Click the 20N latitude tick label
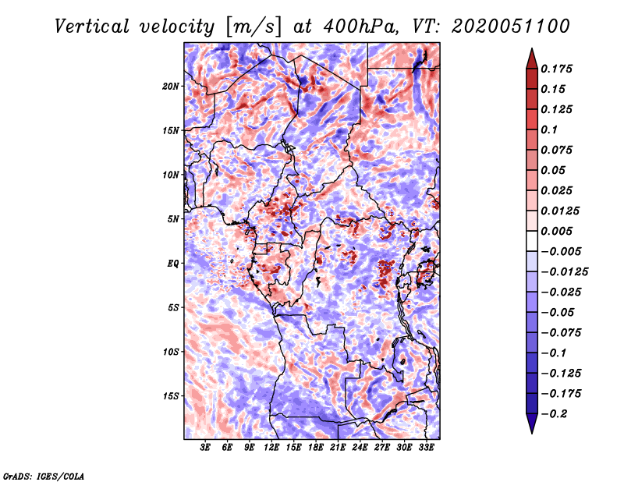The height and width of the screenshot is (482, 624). [x=171, y=87]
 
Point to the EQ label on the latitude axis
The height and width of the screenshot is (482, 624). [x=173, y=264]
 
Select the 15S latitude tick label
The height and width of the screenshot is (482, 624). [x=171, y=396]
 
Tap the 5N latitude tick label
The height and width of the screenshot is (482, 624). [x=173, y=219]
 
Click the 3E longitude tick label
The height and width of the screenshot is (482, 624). [x=205, y=448]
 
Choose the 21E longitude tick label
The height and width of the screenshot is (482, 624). [x=338, y=448]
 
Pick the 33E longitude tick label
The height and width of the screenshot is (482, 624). [x=426, y=448]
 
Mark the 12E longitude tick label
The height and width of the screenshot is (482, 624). [x=271, y=448]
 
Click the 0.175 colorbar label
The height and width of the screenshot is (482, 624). [x=556, y=69]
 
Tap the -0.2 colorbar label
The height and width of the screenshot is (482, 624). [x=554, y=414]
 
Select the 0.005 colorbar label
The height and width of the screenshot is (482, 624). [x=556, y=231]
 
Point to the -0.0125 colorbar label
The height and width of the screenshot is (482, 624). [x=564, y=272]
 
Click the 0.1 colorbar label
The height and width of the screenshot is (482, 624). [x=549, y=129]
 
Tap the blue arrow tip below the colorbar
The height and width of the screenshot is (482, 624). [x=532, y=433]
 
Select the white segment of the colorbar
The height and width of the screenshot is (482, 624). [x=532, y=241]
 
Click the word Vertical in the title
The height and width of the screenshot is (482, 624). [x=92, y=27]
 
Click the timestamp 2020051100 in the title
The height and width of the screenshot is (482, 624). [x=511, y=27]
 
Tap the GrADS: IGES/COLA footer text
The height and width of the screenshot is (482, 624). [x=44, y=476]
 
